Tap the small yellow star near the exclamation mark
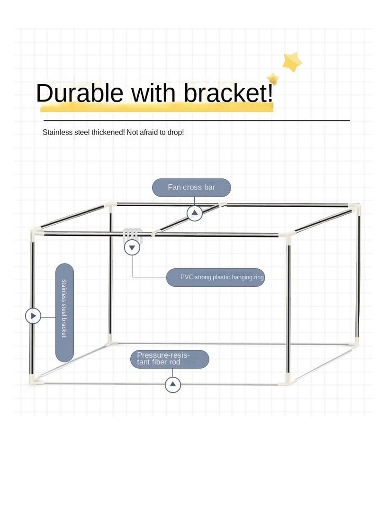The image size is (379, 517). coord(273,79)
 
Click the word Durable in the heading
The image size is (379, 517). coord(80,93)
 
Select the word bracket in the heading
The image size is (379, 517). coord(226,93)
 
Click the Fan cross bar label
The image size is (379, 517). coord(191,187)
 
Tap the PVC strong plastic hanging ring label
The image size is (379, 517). coord(215,277)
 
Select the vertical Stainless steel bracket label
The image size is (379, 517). coord(64,312)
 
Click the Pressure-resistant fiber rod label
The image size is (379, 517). coord(170,359)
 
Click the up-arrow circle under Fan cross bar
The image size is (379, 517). coord(194,213)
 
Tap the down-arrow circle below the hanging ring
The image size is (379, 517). coord(132,247)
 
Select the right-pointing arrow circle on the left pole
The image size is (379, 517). coord(33,316)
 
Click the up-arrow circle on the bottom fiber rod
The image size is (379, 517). coord(173,384)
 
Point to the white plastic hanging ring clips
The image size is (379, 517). coord(133,234)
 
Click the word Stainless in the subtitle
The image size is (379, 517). coord(57,132)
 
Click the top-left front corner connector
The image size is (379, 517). coord(36,233)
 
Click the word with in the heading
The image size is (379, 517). coord(153,93)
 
